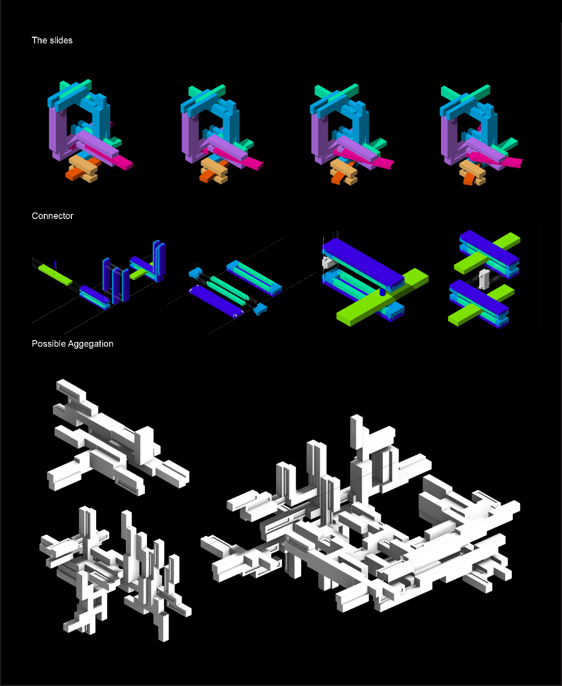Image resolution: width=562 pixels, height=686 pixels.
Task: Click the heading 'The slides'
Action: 52,40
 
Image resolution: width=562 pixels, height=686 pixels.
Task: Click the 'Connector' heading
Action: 52,216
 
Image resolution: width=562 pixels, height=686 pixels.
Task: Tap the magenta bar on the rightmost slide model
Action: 498,159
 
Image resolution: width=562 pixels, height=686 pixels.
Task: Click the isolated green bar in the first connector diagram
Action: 55,275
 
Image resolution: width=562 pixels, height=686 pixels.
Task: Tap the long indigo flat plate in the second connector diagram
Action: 216,301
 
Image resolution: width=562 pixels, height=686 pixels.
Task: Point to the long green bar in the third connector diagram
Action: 383,297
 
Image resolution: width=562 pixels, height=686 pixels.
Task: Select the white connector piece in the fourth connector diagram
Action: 484,279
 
